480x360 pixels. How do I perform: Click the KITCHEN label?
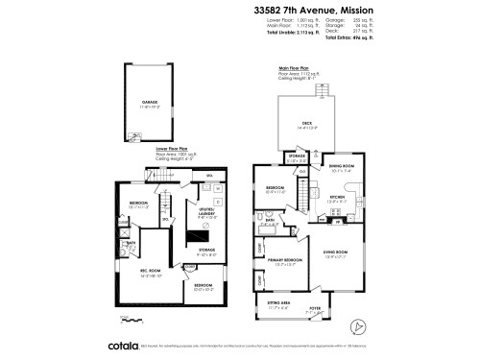(337, 198)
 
